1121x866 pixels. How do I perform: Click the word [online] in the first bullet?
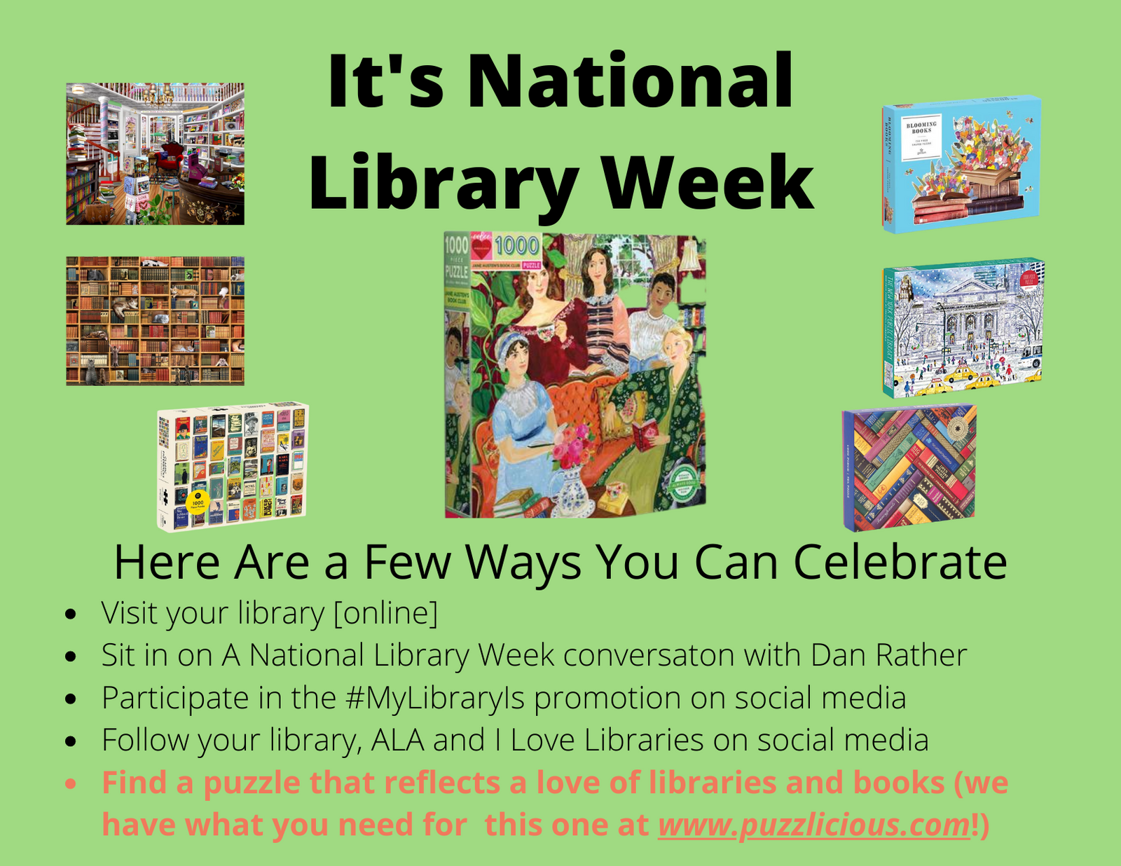(385, 613)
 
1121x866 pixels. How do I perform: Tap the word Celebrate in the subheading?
(900, 562)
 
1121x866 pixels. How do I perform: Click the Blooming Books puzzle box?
(961, 164)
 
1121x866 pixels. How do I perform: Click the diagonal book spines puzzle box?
(909, 467)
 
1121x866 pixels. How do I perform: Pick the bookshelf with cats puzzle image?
(155, 320)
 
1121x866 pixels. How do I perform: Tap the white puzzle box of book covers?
(233, 466)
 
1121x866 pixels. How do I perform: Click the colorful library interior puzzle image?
(155, 153)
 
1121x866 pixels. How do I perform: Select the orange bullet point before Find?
(70, 783)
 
